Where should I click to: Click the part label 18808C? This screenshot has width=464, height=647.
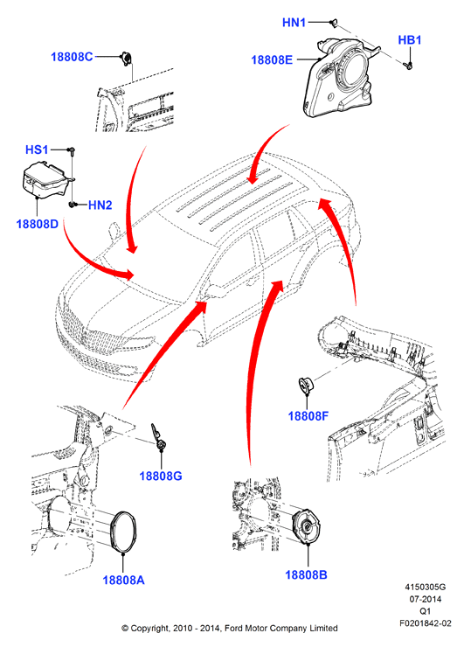click(x=72, y=57)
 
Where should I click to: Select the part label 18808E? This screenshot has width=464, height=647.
click(x=272, y=59)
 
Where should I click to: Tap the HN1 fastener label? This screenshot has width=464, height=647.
click(x=294, y=22)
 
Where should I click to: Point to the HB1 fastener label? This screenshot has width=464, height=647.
click(x=410, y=40)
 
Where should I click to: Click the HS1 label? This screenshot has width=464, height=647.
click(x=37, y=150)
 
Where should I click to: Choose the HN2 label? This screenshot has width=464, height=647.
click(x=100, y=205)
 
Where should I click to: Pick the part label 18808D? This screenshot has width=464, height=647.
click(x=37, y=224)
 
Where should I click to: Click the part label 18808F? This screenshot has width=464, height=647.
click(x=308, y=416)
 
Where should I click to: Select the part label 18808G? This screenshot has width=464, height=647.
click(x=161, y=476)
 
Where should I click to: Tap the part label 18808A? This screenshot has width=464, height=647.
click(x=123, y=581)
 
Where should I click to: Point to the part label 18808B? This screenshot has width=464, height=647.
click(x=306, y=574)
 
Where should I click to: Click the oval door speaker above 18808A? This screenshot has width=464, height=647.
click(x=123, y=532)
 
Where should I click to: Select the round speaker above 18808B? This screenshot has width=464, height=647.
click(x=307, y=528)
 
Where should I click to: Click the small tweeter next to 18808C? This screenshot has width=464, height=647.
click(x=126, y=59)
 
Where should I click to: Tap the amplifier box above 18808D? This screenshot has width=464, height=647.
click(x=45, y=180)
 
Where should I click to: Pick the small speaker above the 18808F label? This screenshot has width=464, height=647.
click(x=307, y=386)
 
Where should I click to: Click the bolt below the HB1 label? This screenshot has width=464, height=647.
click(x=409, y=66)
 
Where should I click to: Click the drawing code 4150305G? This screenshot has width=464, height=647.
click(x=425, y=588)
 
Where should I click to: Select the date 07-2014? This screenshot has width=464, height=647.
click(x=425, y=599)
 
